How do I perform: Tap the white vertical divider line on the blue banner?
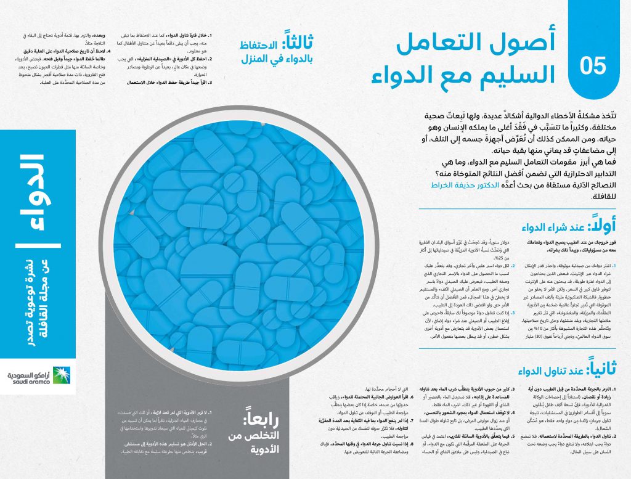coord(36,248)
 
